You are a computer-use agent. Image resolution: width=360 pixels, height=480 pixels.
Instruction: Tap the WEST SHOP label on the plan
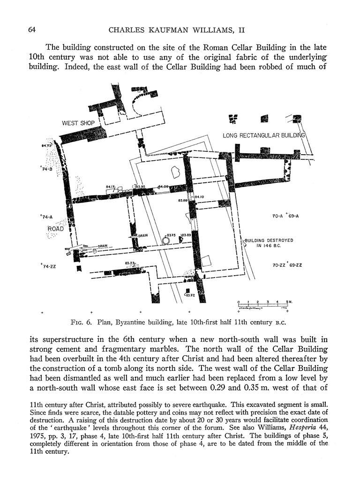[78, 123]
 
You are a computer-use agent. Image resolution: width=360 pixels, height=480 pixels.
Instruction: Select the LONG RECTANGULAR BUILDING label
[264, 135]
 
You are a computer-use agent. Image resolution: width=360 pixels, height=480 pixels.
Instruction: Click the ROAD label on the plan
[56, 229]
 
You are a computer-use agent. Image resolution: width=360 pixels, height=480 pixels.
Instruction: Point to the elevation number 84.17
[110, 187]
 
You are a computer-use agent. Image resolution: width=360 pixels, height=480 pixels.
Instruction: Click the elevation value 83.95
[141, 187]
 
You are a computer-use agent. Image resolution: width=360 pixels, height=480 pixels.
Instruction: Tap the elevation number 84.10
[199, 197]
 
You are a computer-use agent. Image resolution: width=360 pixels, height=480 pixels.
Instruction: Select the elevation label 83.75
[171, 235]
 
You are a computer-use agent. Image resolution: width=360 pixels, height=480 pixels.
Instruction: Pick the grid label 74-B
[46, 169]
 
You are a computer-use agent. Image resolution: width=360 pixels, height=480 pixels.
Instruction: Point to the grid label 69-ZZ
[294, 265]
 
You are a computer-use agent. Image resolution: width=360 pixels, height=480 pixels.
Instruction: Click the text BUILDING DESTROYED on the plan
[268, 240]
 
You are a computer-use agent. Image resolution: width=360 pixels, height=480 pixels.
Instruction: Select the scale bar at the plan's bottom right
[263, 304]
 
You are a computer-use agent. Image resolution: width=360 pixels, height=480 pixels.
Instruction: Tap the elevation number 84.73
[46, 146]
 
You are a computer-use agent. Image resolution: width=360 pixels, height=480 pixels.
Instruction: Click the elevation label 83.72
[190, 295]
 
